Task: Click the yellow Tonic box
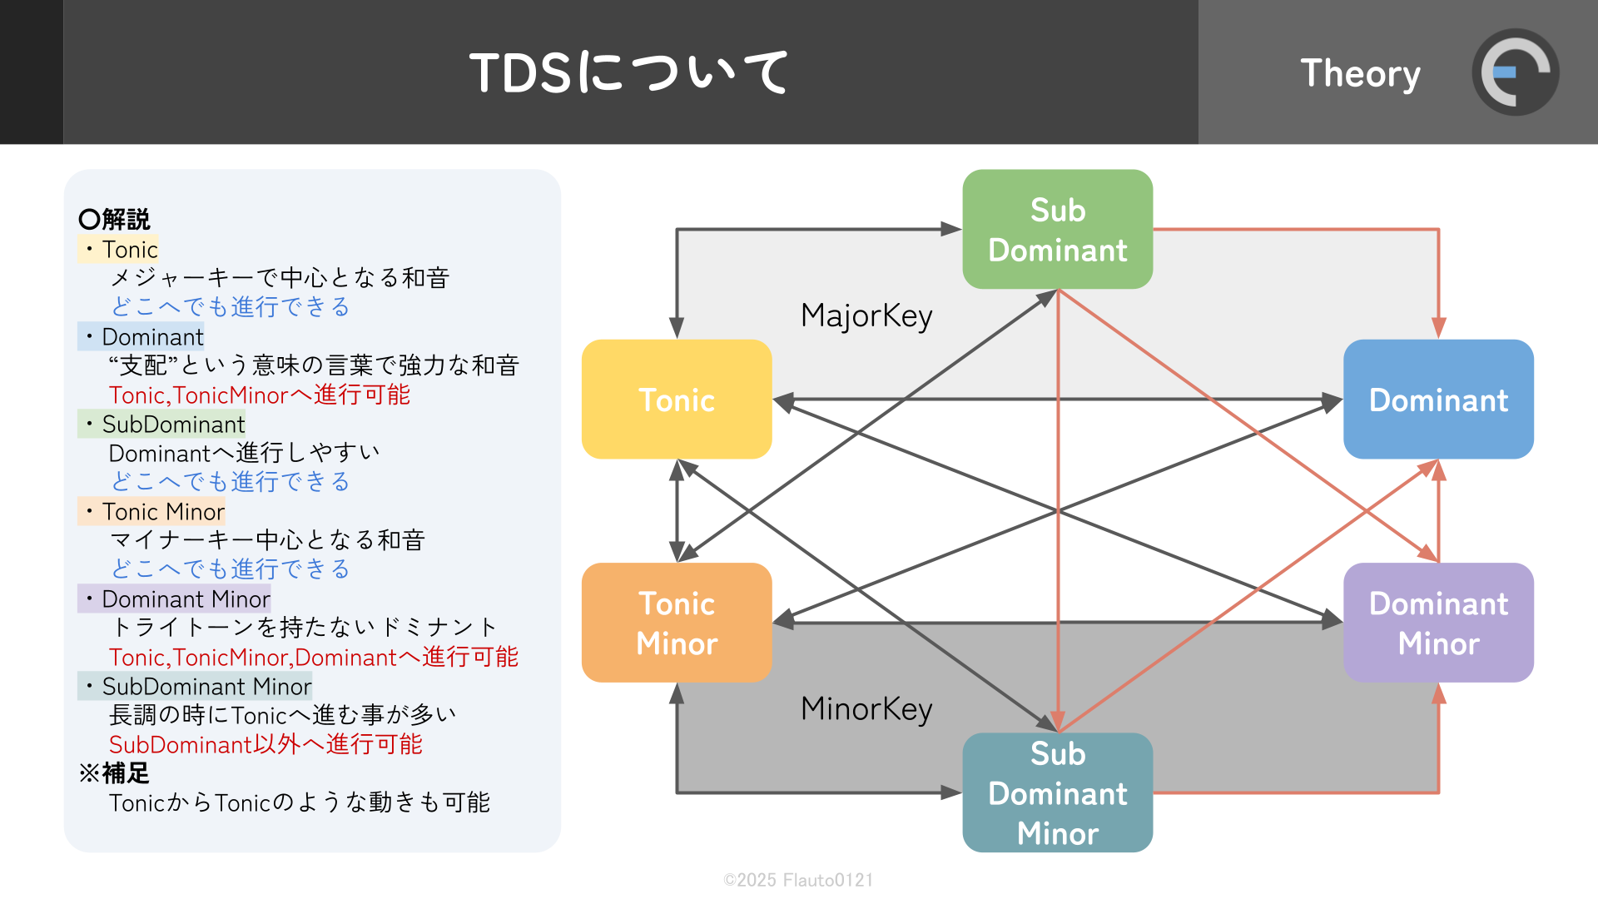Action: [676, 400]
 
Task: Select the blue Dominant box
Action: [1438, 400]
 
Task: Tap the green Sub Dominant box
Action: [1057, 230]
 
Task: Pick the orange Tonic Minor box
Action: [676, 623]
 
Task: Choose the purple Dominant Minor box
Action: [1438, 623]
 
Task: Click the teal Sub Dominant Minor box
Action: [1057, 792]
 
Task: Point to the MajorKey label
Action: [866, 316]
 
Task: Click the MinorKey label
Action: [866, 709]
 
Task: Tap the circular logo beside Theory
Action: [1515, 72]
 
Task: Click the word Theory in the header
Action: [1360, 73]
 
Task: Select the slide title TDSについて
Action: [629, 72]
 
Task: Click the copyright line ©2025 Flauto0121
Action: [798, 880]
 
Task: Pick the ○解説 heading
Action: [115, 219]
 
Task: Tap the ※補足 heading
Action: [114, 773]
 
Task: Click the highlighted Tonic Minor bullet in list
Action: [153, 511]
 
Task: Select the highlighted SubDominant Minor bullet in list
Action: [196, 686]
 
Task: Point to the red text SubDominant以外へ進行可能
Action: [266, 744]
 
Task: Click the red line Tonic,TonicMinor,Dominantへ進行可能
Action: [313, 657]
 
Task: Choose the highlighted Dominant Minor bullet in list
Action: [176, 599]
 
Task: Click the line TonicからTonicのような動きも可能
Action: [299, 802]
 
